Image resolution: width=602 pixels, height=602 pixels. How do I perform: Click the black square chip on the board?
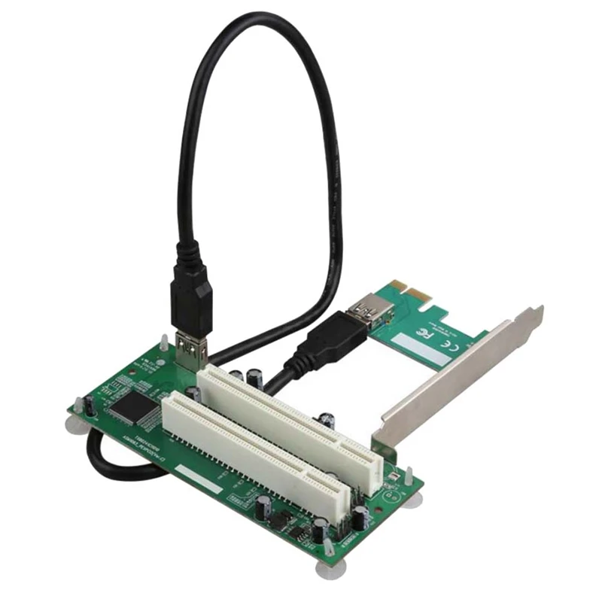pos(132,406)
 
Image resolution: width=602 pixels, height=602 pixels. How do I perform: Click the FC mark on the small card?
pos(427,331)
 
